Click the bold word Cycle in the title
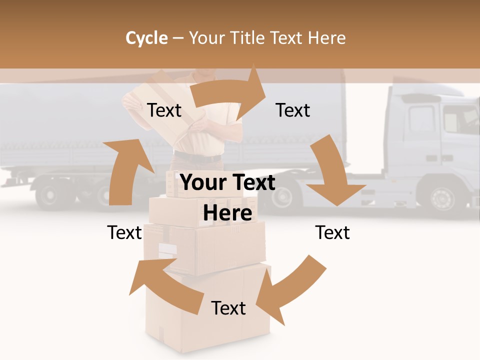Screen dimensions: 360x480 [146, 38]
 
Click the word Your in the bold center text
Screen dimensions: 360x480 [200, 183]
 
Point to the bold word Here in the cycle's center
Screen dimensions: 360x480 [227, 213]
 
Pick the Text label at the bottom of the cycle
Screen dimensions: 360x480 [228, 308]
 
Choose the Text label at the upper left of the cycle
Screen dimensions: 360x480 [164, 110]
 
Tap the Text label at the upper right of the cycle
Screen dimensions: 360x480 [293, 110]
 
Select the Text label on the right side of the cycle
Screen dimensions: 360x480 [332, 233]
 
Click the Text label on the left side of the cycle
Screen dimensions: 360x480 [124, 233]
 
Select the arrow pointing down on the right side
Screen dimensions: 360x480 [332, 170]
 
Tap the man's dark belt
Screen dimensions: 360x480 [197, 158]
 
